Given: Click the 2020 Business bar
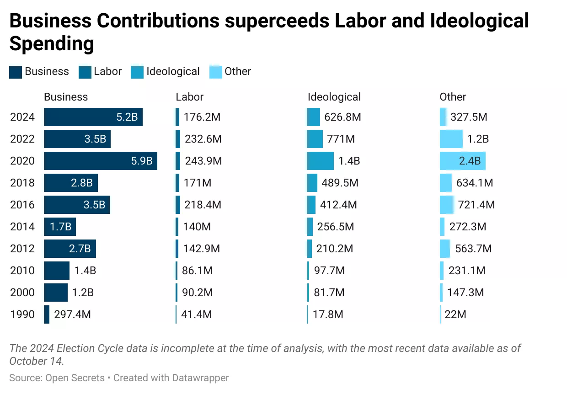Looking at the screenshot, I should coord(101,161).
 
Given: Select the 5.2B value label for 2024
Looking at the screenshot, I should coord(127,117).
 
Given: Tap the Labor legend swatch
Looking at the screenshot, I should coord(85,72).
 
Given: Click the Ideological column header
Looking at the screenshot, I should coord(334,97).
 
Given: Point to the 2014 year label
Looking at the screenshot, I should coord(22,227).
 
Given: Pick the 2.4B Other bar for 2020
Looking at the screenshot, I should coord(462,161).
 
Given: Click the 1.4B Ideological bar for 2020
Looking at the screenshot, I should coord(320,161).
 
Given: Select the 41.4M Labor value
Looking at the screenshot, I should coord(198,314).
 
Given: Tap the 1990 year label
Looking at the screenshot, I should coord(22,314).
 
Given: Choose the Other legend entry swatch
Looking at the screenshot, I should coord(216,72).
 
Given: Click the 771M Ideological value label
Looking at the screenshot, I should coord(341,139).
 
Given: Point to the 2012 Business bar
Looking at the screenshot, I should coord(70,249).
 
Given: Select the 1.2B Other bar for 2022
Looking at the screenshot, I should coord(451,139).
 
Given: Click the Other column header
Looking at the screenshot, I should coord(453,97).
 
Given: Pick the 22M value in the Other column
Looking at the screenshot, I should coord(455,314).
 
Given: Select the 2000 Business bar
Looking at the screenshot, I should coord(55,293).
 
